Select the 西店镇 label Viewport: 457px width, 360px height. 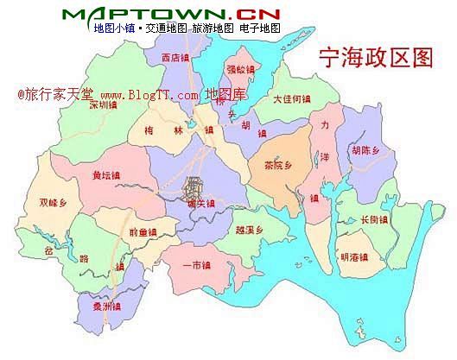point(175,58)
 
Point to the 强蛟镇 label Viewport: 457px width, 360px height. point(240,69)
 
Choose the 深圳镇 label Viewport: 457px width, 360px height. point(103,104)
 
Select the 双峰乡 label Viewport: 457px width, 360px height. point(53,203)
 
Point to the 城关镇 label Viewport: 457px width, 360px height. point(200,204)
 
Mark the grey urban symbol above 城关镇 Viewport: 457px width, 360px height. point(195,185)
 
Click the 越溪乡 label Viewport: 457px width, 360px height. point(247,230)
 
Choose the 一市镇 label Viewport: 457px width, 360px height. point(197,265)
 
